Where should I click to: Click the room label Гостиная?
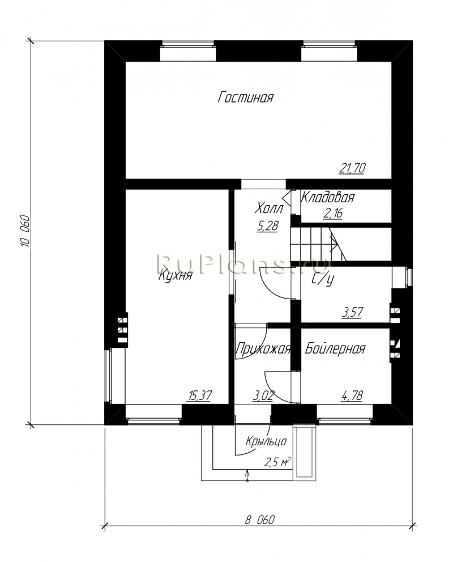[246, 97]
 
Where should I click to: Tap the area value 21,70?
[352, 168]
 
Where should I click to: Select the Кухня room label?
[176, 275]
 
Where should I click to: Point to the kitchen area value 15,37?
[199, 395]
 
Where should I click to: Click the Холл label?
[270, 208]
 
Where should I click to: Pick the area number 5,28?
[267, 226]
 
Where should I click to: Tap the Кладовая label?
[327, 197]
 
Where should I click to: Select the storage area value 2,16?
[333, 213]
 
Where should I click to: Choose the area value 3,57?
[352, 312]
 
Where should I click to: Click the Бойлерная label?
[335, 348]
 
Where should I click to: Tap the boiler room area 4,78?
[352, 395]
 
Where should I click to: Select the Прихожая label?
[263, 348]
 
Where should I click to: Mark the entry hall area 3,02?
[263, 395]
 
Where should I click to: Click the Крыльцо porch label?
[266, 441]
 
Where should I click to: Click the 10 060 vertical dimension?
[24, 231]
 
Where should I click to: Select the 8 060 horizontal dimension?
[259, 520]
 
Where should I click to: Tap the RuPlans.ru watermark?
[243, 263]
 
